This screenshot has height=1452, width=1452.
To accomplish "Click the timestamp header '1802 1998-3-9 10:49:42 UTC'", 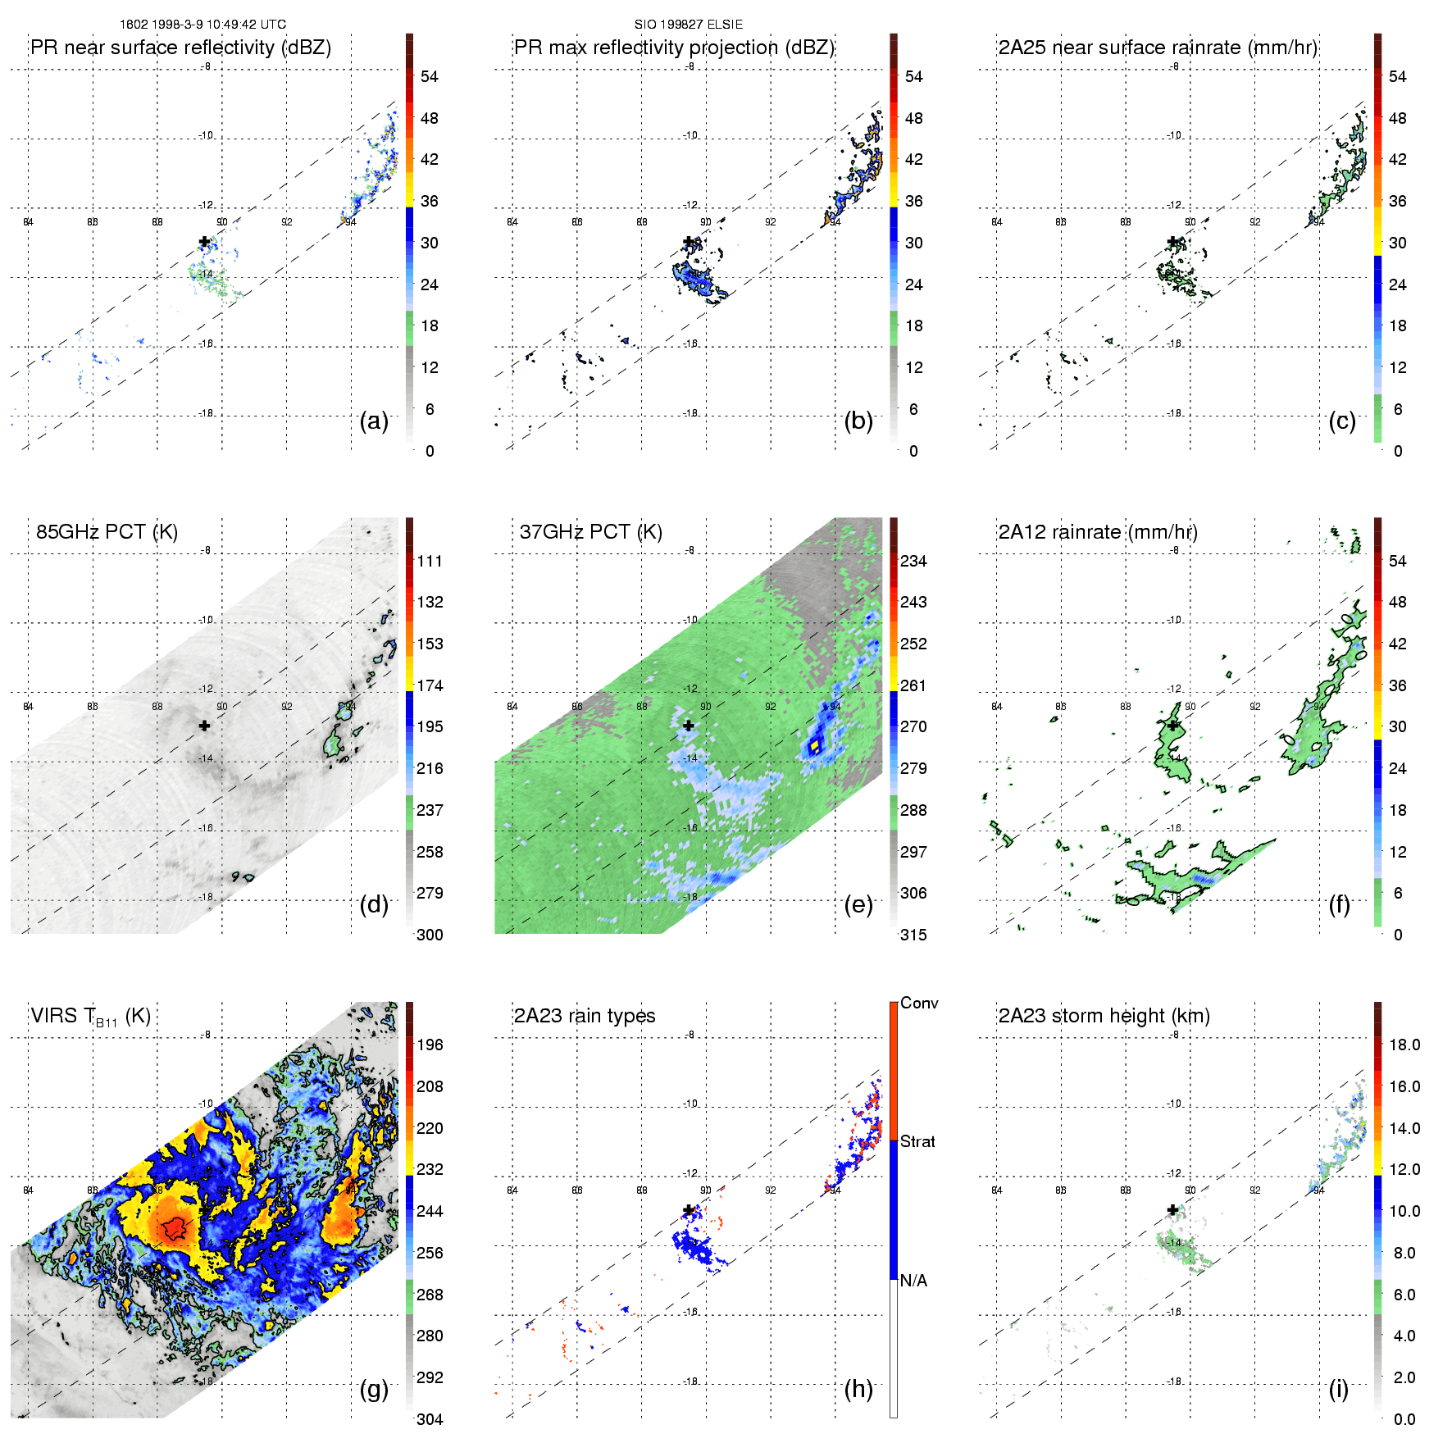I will (203, 25).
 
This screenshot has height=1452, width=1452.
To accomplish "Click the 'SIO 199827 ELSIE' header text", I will (688, 25).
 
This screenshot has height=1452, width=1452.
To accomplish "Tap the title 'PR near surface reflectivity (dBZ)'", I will (180, 48).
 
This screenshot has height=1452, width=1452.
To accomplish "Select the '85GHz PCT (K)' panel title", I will (107, 532).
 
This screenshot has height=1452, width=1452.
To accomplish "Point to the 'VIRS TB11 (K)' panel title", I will (90, 1017).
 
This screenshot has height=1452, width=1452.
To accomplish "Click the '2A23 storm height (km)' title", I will (1104, 1016).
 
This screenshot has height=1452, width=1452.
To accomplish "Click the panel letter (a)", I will (374, 421).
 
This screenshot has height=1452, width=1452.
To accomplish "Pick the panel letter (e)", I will (858, 905).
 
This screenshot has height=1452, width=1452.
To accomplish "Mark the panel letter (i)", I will (1338, 1389).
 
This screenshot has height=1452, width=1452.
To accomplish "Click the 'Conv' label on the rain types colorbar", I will (919, 1003).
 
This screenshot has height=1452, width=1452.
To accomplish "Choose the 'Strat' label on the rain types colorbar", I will (917, 1141).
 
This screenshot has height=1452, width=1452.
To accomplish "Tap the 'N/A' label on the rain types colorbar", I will (913, 1281).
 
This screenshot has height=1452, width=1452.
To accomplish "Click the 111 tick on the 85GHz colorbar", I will (430, 561).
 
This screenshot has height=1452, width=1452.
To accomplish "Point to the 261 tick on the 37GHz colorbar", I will (913, 685).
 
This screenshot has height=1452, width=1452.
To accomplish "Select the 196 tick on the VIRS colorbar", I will (430, 1045).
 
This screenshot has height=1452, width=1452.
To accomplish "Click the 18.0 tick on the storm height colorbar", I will (1404, 1045).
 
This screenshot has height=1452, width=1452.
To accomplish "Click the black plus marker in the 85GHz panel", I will (204, 726).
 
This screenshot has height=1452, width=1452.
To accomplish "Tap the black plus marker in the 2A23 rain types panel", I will (689, 1210).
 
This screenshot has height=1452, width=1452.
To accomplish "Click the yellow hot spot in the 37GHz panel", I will (815, 746).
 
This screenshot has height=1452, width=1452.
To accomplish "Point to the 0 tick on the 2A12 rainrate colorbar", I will (1398, 935).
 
